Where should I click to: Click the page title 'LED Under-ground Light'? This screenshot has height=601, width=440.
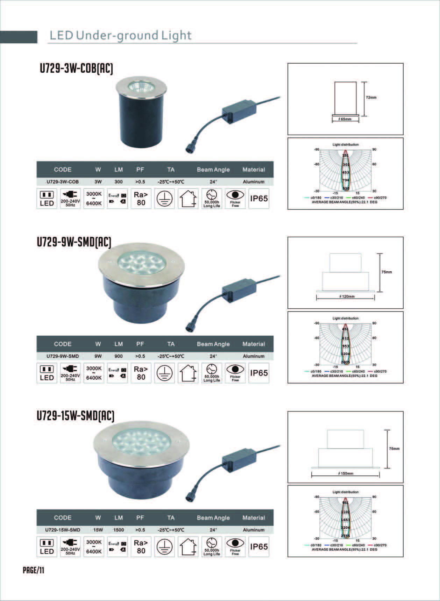coord(120,35)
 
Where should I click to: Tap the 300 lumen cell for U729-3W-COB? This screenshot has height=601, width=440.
coord(119,182)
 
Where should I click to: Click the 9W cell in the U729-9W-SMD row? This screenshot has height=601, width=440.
coord(98,356)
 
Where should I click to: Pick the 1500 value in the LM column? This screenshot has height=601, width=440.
coord(119,530)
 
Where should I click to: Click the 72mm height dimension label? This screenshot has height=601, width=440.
coord(371,98)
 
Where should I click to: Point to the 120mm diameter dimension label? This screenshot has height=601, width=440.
coord(347,296)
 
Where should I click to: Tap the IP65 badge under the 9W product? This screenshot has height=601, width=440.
coord(259,373)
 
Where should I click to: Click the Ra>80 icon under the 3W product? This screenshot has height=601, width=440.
coord(141,199)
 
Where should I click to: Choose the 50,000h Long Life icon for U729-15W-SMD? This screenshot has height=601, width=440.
coord(212,546)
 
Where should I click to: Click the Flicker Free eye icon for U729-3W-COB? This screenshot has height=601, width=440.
coord(235,199)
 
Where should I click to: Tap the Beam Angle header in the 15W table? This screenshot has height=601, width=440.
coord(213,518)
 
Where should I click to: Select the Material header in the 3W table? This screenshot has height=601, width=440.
coord(254,170)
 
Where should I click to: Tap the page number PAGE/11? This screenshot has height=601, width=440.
coord(34,570)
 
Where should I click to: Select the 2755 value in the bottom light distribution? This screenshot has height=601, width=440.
coord(345,536)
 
